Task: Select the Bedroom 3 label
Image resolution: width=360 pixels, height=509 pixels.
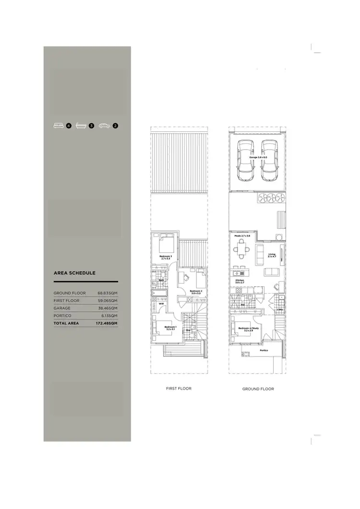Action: point(165,258)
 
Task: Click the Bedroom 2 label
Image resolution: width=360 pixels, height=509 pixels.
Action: point(195,292)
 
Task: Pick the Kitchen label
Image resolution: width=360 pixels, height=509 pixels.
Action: point(240,281)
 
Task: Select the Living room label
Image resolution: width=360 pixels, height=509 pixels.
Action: point(272,256)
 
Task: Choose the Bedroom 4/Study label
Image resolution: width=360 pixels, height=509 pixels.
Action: point(248,329)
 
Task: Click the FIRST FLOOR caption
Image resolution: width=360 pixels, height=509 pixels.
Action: point(179,388)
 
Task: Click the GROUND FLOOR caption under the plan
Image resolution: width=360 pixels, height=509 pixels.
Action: point(258,389)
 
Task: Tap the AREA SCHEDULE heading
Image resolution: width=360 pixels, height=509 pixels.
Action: point(74,273)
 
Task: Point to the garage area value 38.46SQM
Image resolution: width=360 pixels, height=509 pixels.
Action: point(108,308)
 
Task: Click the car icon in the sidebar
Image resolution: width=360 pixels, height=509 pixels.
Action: point(104,126)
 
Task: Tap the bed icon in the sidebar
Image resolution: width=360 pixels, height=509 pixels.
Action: point(59,126)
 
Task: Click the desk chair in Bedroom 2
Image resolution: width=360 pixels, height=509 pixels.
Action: point(184,277)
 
